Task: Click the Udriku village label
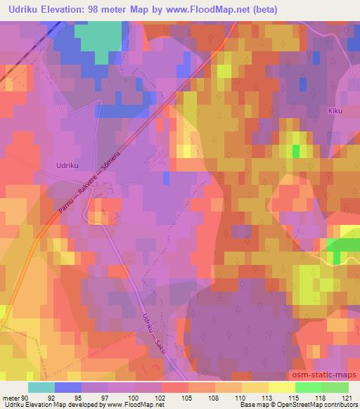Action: pos(66,166)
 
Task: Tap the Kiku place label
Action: pos(334,110)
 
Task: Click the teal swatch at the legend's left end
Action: pos(41,387)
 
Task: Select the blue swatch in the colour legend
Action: pos(68,387)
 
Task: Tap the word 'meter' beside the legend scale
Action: pos(9,397)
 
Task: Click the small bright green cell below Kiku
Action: pos(296,150)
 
